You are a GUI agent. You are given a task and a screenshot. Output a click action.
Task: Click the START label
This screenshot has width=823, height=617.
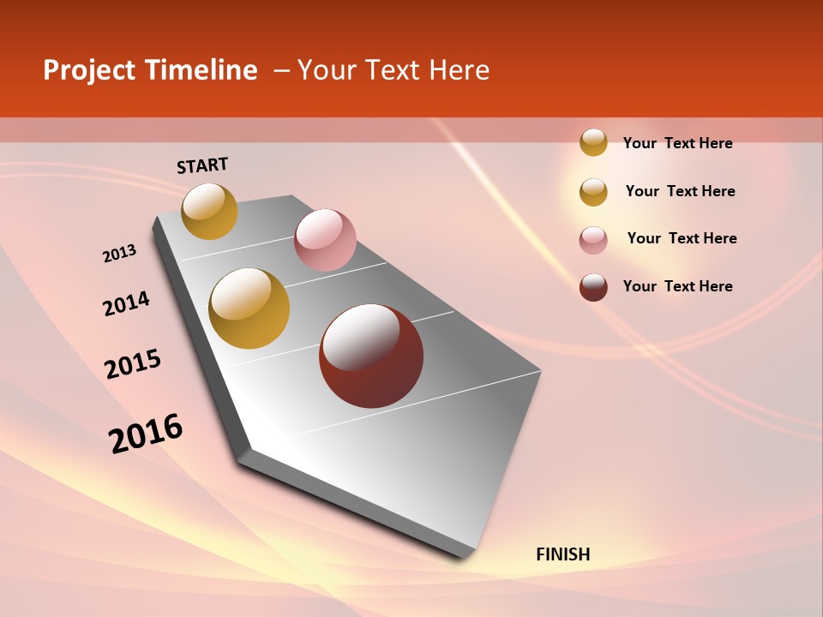202,165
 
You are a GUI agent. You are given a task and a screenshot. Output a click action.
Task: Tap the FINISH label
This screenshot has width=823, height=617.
562,554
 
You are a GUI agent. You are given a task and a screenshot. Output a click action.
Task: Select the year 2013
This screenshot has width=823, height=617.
119,254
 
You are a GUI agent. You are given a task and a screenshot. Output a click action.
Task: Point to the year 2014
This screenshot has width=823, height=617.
126,303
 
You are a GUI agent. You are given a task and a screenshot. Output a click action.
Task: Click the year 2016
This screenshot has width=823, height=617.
146,434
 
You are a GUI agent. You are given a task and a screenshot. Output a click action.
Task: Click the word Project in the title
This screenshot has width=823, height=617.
90,70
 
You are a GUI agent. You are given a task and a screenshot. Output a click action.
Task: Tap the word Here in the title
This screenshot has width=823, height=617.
459,70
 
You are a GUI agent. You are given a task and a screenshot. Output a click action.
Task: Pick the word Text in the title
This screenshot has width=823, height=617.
394,70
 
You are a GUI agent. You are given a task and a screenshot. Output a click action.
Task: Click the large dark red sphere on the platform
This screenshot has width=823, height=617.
371,356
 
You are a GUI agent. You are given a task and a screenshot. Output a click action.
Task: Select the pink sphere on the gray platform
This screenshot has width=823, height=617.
325,240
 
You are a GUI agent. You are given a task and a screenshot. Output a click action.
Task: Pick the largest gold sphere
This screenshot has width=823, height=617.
249,308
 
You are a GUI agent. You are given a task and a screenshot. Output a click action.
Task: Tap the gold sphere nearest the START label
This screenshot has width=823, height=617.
209,211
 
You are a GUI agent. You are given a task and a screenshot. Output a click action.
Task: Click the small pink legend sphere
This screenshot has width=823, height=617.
593,240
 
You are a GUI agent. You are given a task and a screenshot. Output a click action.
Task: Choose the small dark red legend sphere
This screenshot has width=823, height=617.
593,287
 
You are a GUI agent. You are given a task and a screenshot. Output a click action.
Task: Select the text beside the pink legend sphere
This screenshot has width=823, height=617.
682,238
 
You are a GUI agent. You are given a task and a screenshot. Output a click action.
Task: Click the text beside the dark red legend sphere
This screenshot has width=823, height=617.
677,286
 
